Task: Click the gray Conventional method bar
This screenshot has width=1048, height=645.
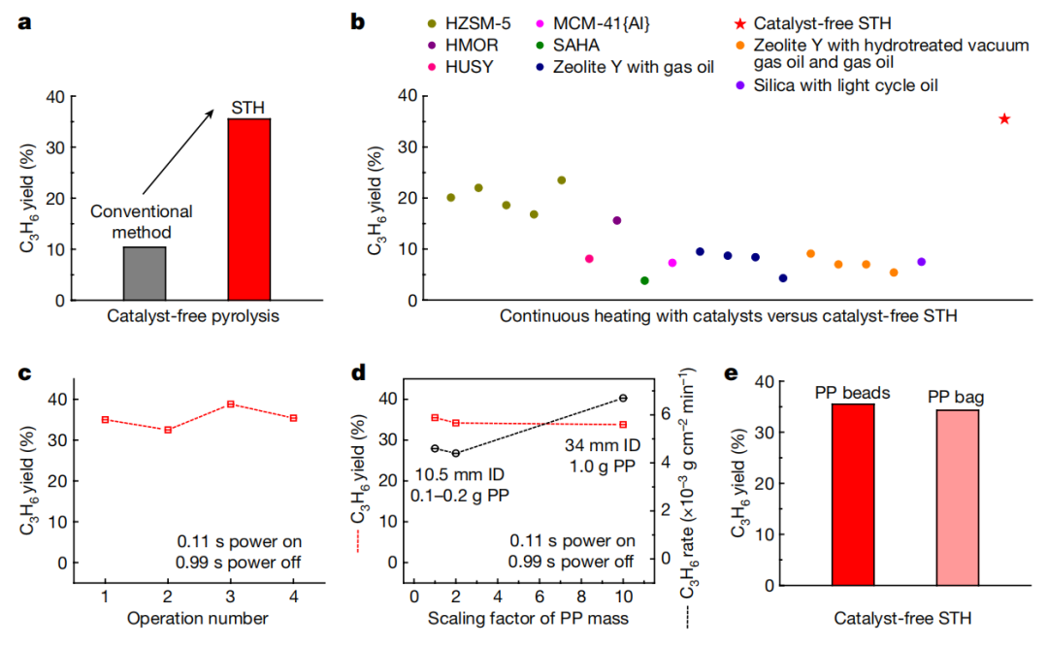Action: point(145,274)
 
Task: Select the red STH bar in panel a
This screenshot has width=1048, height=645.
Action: point(249,209)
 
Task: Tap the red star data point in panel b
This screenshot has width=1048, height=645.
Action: point(1004,118)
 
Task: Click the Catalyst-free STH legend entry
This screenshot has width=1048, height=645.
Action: point(821,22)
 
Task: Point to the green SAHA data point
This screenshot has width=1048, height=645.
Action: point(644,280)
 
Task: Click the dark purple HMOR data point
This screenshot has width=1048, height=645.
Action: point(617,220)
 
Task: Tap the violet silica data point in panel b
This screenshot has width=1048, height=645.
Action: point(921,262)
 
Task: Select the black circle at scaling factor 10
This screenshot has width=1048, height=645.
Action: point(623,398)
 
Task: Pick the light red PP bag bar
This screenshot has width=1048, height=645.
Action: point(958,497)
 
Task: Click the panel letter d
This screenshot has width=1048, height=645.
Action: point(358,372)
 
